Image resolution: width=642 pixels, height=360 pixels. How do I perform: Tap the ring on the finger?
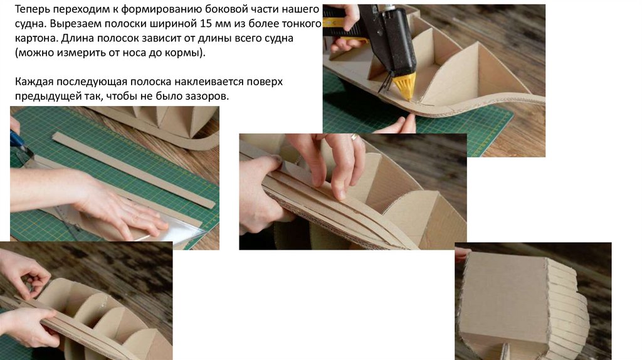point(354,137)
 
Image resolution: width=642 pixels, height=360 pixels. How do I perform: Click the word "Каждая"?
point(34,82)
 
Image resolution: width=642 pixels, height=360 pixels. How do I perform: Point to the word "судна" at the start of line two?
point(30,24)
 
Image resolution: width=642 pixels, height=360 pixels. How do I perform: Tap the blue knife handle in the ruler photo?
point(16,140)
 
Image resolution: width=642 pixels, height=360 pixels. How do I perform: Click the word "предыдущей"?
point(45,97)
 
